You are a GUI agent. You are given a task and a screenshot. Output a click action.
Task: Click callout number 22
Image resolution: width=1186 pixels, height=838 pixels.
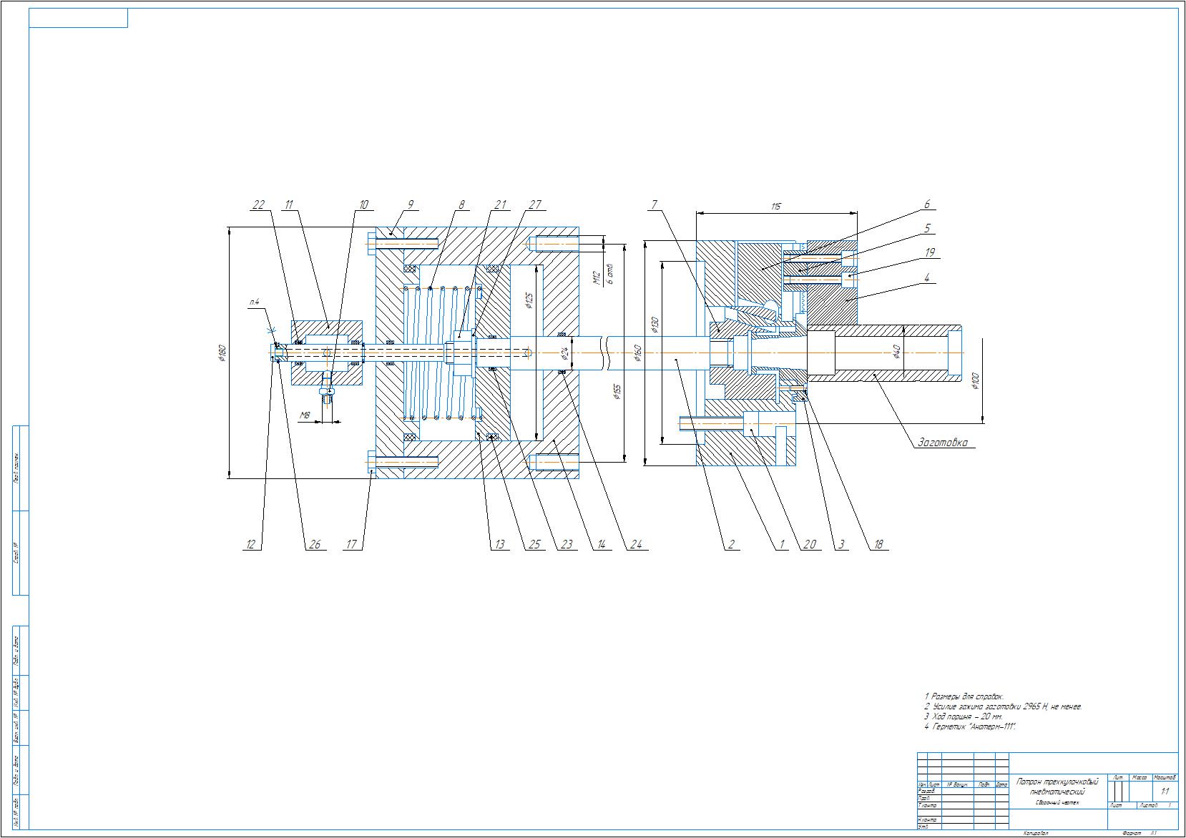click(x=258, y=205)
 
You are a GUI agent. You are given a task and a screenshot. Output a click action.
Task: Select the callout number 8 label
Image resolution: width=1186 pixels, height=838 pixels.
click(x=461, y=205)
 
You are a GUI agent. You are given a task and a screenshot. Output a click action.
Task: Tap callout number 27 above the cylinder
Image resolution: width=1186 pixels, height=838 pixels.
click(x=536, y=205)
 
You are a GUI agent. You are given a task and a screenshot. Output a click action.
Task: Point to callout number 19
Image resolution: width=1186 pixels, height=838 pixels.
click(x=929, y=252)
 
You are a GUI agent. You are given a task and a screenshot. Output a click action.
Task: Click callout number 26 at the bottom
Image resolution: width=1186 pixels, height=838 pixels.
click(x=315, y=545)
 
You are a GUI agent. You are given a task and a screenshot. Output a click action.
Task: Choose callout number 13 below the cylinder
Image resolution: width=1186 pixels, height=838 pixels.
click(x=499, y=545)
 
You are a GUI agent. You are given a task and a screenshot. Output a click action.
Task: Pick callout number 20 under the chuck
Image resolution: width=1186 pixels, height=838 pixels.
click(x=809, y=545)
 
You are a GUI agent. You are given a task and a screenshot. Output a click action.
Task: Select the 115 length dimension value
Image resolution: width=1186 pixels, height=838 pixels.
click(x=776, y=207)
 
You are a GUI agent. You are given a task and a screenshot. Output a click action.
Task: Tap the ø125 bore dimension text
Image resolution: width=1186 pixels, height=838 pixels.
click(x=528, y=301)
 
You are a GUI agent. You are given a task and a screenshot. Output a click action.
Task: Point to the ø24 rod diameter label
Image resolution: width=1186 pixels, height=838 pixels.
click(x=564, y=353)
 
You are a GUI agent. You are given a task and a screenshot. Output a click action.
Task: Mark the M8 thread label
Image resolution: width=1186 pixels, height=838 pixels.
click(x=305, y=415)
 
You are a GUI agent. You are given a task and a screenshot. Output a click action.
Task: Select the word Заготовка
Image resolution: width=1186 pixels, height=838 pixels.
click(x=943, y=443)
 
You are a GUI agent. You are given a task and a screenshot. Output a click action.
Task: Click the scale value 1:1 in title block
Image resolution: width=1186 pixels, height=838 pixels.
click(x=1165, y=792)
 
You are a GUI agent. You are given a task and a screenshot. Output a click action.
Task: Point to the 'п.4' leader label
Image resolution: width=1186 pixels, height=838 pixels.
click(x=254, y=302)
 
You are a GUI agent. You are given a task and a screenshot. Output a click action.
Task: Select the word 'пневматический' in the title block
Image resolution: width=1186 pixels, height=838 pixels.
click(x=1057, y=792)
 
